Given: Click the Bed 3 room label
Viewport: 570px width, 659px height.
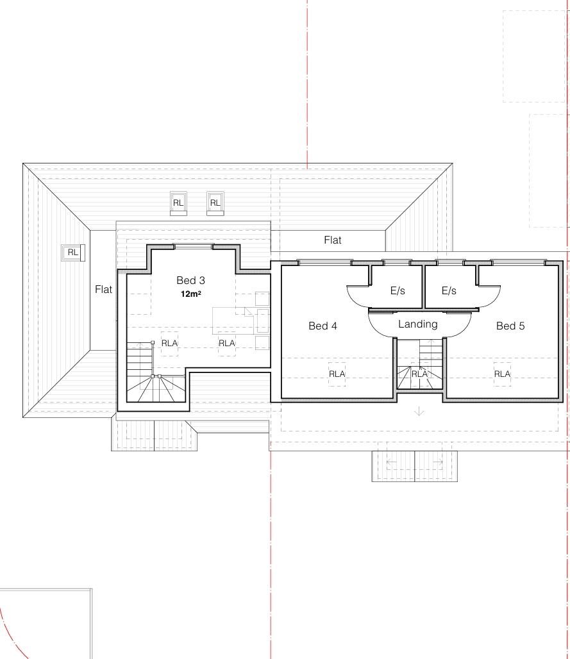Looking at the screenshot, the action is tap(190, 280).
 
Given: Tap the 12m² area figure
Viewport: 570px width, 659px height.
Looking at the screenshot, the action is tap(191, 294).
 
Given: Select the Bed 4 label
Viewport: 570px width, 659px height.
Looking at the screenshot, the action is tap(323, 326).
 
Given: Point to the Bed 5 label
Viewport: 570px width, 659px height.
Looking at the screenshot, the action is tap(510, 326).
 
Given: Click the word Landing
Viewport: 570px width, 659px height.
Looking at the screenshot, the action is tap(418, 324).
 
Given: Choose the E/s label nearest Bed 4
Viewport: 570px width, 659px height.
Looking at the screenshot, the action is tap(398, 290).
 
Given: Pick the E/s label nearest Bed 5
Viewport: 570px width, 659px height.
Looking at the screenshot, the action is tap(449, 290).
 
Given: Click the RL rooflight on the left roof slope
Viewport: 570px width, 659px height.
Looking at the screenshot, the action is tap(73, 253).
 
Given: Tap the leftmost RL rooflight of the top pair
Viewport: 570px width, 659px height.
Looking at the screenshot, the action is tap(178, 203).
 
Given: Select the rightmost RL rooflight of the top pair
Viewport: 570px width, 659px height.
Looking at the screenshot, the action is tap(215, 203).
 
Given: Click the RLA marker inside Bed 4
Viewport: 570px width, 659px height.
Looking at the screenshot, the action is tap(337, 374).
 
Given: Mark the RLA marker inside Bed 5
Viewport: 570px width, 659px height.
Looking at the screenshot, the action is tap(502, 374).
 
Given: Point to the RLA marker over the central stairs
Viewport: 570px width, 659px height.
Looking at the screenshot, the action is tap(419, 374).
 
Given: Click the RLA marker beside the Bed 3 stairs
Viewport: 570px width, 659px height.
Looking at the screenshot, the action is tap(169, 344).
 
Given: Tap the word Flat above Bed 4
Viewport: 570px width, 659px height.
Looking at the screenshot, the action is tap(333, 240).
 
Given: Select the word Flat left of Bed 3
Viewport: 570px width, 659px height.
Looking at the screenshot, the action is tap(103, 289).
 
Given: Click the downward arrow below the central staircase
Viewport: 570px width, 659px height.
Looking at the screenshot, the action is tap(419, 411).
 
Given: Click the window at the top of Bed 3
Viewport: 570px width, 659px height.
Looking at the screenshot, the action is tap(193, 246).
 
